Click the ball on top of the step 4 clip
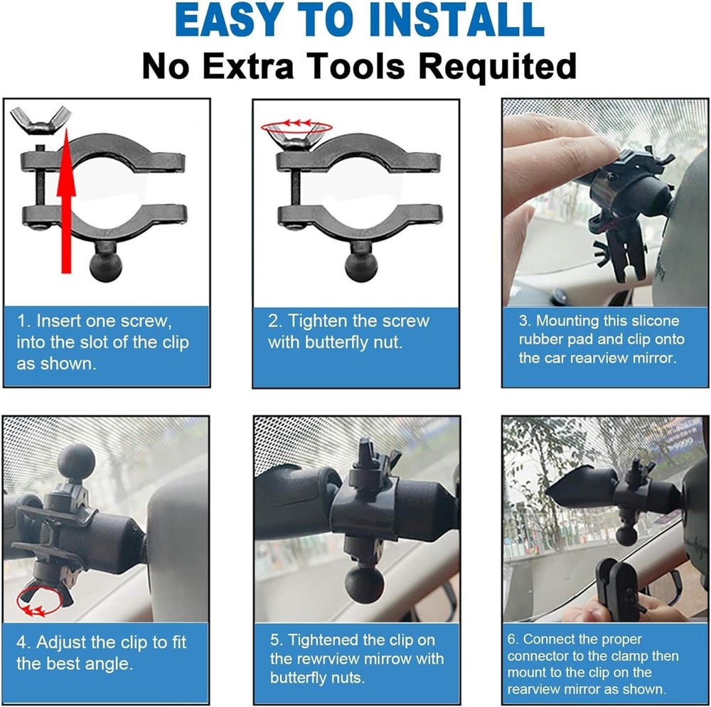coord(77,462)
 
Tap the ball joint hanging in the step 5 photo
coord(365,584)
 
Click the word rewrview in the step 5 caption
coord(334,659)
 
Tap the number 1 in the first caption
coord(21,320)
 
